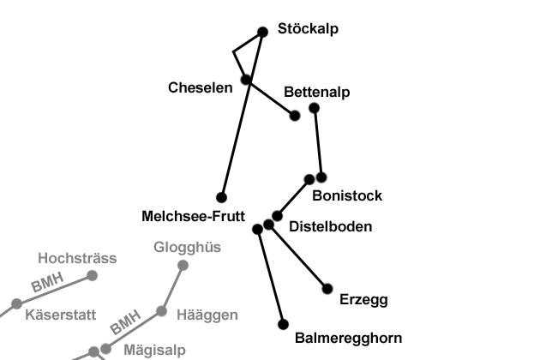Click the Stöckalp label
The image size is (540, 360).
click(308, 28)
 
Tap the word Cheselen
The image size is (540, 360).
click(201, 87)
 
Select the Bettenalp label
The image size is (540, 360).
click(317, 92)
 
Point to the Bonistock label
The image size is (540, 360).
click(347, 195)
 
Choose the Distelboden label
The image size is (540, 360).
click(330, 226)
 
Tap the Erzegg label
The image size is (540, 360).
click(363, 299)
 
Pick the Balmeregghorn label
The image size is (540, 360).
click(348, 338)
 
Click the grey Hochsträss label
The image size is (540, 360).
click(77, 257)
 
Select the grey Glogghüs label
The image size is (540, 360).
click(187, 248)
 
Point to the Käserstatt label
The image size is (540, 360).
click(60, 315)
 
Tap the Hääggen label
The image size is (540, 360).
click(207, 315)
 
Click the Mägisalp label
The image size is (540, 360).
click(154, 350)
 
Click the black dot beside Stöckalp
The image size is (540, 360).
click(263, 33)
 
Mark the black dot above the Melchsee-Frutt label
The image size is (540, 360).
click(221, 197)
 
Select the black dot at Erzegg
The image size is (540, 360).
click(327, 289)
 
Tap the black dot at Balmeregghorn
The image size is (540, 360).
click(284, 325)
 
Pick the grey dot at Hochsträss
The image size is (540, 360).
click(92, 275)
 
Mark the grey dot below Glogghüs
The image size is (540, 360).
click(183, 265)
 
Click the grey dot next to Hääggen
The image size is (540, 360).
click(161, 311)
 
